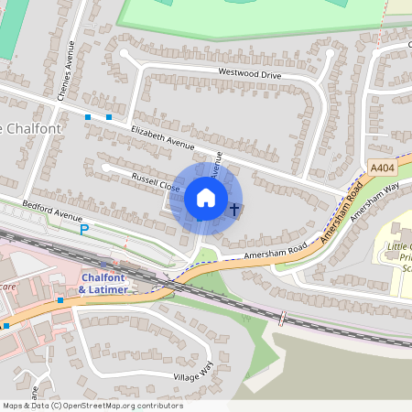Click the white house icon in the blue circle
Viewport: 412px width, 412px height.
[x=206, y=198]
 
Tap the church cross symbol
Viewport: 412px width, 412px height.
[x=233, y=210]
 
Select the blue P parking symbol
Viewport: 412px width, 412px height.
[x=84, y=230]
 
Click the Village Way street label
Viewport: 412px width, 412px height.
[x=193, y=371]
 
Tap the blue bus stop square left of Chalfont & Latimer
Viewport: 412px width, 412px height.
[x=60, y=300]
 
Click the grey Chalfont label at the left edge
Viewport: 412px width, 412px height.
[x=31, y=128]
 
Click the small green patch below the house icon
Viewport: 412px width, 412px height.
[x=207, y=255]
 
